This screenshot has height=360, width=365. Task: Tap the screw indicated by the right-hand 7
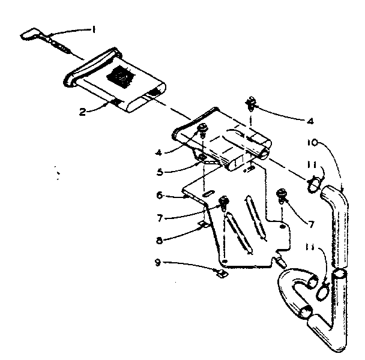tap(280, 195)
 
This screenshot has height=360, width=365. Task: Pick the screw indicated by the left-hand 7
tap(225, 202)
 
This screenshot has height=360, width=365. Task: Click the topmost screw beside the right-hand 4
tap(250, 106)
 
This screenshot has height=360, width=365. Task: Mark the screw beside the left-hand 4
tap(202, 128)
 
